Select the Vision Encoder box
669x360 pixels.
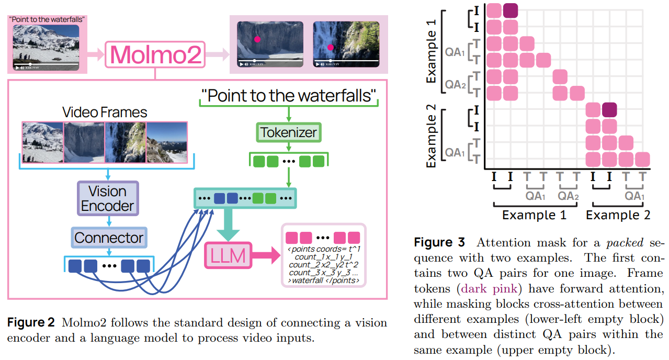108,198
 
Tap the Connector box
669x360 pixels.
109,238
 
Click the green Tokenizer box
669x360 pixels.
288,132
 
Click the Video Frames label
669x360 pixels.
105,112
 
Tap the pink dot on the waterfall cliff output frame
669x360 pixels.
257,39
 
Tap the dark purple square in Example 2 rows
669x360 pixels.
609,109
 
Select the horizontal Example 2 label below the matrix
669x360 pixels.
618,215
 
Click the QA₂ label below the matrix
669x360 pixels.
568,196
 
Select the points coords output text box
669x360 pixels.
324,256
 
